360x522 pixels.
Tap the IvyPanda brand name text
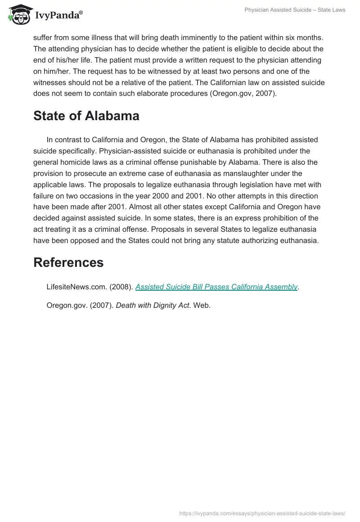58,16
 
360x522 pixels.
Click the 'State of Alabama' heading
86,116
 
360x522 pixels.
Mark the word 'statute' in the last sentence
211,240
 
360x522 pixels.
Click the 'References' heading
68,262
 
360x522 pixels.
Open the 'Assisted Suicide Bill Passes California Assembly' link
216,287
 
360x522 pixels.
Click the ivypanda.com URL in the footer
262,512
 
